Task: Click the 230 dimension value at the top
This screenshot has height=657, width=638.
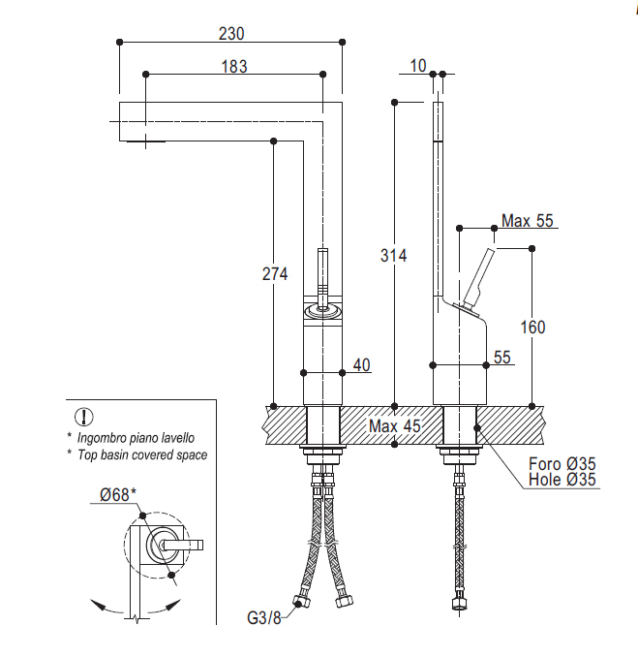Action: [231, 34]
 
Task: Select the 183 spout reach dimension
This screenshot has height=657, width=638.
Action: [234, 66]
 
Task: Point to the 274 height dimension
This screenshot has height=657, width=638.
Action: [275, 274]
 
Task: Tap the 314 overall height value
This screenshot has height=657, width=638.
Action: [393, 255]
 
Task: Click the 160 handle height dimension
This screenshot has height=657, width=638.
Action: [532, 328]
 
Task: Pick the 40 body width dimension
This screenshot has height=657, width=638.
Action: [362, 365]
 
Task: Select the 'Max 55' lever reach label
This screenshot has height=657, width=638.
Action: [528, 220]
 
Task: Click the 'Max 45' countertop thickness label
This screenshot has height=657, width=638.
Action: [394, 426]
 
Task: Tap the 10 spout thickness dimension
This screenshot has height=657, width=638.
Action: [418, 66]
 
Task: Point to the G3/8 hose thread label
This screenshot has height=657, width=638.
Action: [264, 617]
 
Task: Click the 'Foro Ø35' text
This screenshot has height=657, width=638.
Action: [562, 464]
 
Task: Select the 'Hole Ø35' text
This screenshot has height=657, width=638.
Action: [562, 480]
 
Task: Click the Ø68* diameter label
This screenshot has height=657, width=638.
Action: [118, 495]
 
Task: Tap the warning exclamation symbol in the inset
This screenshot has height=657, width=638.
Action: [83, 417]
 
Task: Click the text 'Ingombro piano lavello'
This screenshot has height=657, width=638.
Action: [136, 438]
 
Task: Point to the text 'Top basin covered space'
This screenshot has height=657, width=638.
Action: [142, 454]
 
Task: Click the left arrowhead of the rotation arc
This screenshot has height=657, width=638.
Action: [98, 605]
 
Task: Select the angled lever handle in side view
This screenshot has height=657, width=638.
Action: [478, 279]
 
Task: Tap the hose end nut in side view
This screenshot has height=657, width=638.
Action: [459, 604]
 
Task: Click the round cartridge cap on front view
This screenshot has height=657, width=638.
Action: [322, 311]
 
